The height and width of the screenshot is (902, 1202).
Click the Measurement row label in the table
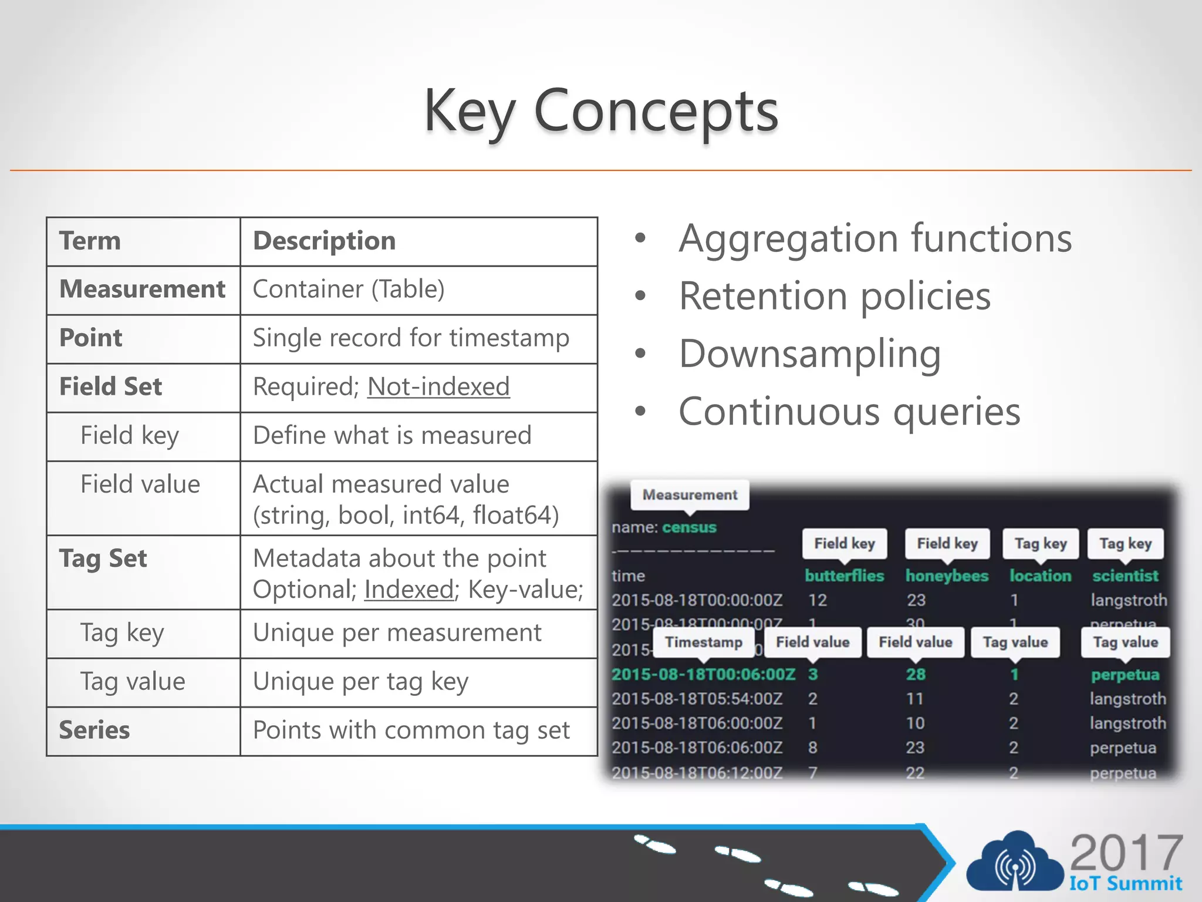(x=142, y=289)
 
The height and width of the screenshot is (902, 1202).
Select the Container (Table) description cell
(x=349, y=289)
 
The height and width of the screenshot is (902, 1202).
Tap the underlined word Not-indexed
(x=438, y=386)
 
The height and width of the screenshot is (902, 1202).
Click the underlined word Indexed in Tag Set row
(x=409, y=589)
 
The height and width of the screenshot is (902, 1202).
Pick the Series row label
(x=94, y=730)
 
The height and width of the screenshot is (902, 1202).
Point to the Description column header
(x=324, y=241)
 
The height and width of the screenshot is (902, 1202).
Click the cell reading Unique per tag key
(x=360, y=681)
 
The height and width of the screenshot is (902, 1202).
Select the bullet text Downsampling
(x=810, y=354)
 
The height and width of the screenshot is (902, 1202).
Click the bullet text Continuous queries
(x=849, y=411)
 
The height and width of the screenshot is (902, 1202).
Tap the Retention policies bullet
(x=835, y=295)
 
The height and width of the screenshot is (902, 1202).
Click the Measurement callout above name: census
(x=690, y=494)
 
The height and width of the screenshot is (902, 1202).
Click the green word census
(x=690, y=527)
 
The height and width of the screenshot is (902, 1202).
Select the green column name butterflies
(x=844, y=575)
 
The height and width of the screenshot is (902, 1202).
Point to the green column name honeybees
(x=947, y=575)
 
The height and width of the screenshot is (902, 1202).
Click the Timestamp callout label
(x=703, y=642)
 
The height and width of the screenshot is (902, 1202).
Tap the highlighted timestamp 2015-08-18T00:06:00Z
(x=703, y=674)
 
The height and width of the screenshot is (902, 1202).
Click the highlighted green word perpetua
(x=1125, y=674)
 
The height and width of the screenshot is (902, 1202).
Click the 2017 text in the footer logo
(x=1126, y=852)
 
